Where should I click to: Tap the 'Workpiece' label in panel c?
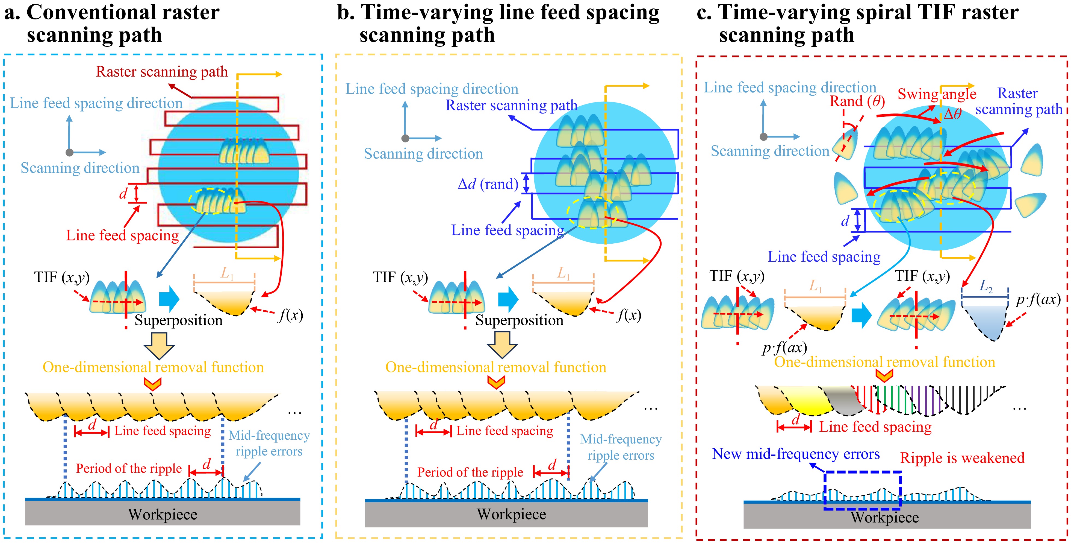(884, 517)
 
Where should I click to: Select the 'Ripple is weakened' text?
(962, 458)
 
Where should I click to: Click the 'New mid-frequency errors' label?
(796, 454)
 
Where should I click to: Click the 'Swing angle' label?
(937, 94)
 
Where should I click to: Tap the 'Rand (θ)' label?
(857, 101)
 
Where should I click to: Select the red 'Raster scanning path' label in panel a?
(162, 72)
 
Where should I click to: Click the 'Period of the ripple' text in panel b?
(470, 472)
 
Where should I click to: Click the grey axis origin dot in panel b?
(405, 138)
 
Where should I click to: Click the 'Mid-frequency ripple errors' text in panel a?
(269, 443)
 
